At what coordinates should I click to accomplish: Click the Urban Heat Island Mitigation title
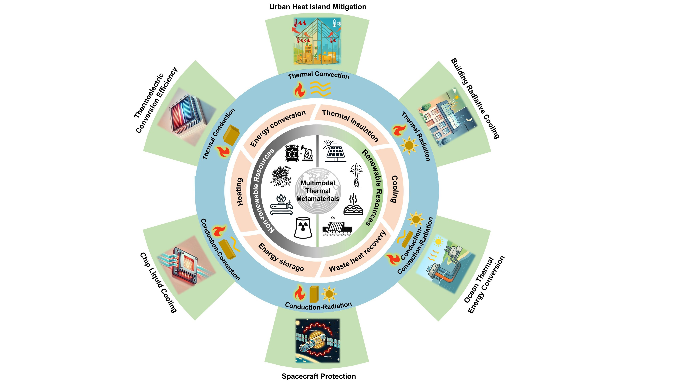coord(318,7)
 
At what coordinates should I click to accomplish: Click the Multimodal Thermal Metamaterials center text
coord(318,191)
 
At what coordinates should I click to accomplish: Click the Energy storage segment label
coord(281,257)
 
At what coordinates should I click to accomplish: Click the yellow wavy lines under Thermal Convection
coord(320,88)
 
